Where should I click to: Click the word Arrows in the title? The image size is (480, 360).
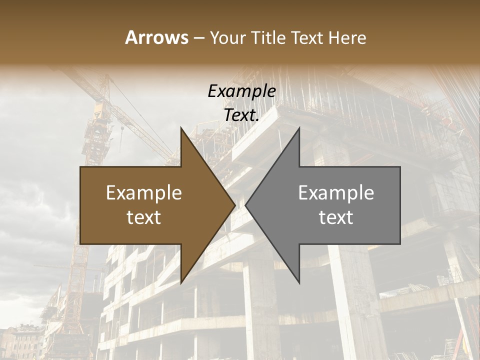tap(157, 37)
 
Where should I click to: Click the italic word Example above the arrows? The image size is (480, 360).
tap(241, 91)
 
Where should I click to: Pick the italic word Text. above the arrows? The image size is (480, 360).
tap(241, 115)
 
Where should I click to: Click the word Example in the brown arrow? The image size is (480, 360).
tap(144, 193)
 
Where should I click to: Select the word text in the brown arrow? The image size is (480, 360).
tap(144, 217)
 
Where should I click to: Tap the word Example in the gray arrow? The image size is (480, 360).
tap(336, 193)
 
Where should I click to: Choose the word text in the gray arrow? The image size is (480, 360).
tap(336, 217)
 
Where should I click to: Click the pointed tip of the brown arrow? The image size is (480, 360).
tap(234, 205)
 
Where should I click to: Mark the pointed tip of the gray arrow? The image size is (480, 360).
tap(246, 205)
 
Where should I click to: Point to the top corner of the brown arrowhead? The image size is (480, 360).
tap(181, 128)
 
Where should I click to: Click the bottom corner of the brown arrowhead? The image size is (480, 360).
tap(181, 282)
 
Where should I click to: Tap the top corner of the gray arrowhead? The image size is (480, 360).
tap(299, 128)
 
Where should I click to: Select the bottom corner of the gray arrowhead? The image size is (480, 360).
tap(299, 282)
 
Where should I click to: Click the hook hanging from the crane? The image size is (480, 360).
tap(122, 131)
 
